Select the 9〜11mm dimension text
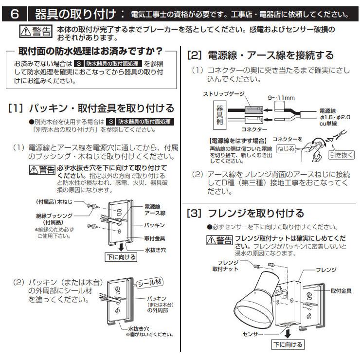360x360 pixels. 282,97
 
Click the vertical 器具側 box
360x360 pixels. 219,115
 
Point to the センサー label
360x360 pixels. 253,335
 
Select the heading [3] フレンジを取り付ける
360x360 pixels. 246,213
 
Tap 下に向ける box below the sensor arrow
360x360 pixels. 287,344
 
